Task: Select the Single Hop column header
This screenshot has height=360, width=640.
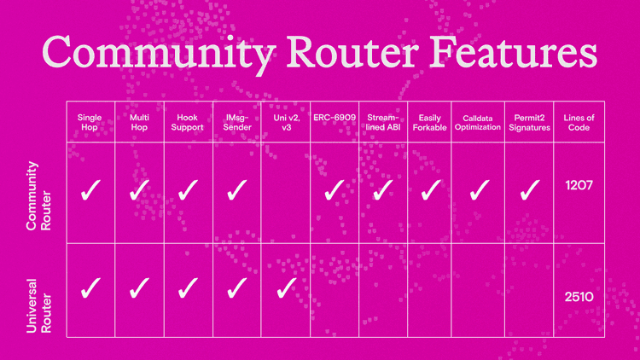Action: [90, 122]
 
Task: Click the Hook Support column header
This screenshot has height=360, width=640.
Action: [189, 122]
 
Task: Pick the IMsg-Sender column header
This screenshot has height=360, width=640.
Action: [237, 122]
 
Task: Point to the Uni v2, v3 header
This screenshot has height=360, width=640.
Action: [286, 122]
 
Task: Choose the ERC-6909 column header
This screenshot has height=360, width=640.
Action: [335, 116]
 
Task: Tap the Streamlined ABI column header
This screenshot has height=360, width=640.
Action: [383, 122]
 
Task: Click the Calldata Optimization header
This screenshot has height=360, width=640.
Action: [481, 122]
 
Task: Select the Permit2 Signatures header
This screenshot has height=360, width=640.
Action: [530, 122]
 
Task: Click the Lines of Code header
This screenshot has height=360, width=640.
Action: [579, 122]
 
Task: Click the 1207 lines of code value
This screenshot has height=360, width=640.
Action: [579, 184]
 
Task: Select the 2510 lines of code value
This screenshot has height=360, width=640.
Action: [579, 297]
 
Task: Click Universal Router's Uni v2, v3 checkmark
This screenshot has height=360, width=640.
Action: [286, 288]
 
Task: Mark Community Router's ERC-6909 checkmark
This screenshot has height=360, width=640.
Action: [335, 190]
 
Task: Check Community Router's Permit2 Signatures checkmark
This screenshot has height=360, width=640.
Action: [530, 190]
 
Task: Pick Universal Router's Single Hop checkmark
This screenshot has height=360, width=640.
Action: [90, 288]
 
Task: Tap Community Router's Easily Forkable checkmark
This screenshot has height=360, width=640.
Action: [432, 190]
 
